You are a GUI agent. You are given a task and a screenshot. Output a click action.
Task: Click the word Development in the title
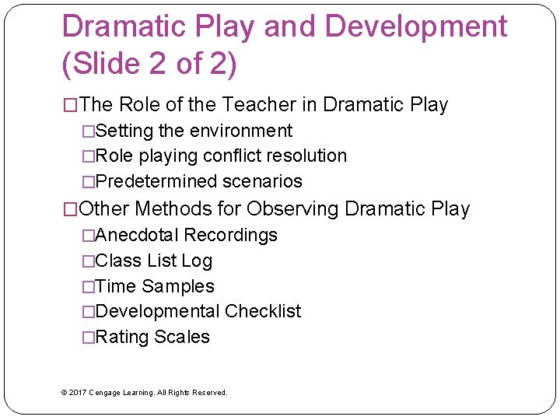pyautogui.click(x=415, y=27)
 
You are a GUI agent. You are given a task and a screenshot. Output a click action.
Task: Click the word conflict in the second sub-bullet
pyautogui.click(x=231, y=156)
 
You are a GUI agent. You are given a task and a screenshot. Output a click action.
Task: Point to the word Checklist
pyautogui.click(x=263, y=311)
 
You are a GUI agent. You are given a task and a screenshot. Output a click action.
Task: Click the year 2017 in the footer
pyautogui.click(x=78, y=393)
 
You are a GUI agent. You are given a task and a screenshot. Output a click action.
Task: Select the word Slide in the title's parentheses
pyautogui.click(x=105, y=64)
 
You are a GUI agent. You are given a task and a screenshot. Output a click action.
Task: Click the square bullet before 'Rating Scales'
pyautogui.click(x=88, y=338)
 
